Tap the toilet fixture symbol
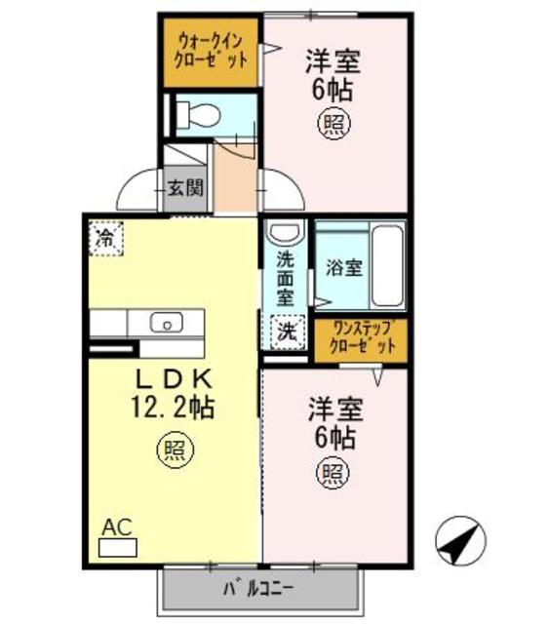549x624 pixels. click(194, 116)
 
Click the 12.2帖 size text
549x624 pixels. click(167, 405)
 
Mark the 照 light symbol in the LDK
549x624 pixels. click(174, 449)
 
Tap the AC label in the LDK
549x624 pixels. click(117, 526)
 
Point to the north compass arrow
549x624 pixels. click(456, 539)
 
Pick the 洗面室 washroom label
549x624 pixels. click(285, 279)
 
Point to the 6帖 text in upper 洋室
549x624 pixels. click(333, 89)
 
